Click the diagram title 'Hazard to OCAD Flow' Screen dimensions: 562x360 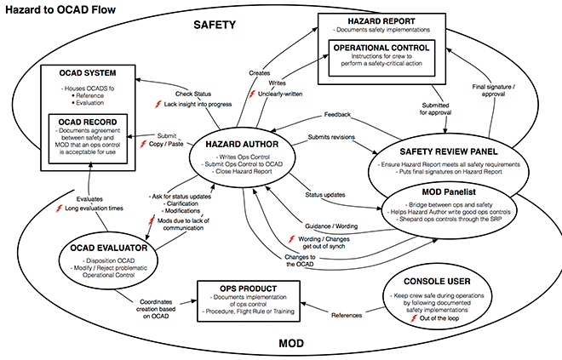(60, 9)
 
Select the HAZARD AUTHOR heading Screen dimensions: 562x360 (242, 145)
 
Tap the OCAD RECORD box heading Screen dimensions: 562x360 (88, 123)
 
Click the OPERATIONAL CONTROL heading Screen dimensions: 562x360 (381, 48)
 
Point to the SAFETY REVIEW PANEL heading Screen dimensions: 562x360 (449, 151)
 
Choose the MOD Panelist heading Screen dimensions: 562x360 (449, 192)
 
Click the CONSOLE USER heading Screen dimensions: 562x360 (437, 282)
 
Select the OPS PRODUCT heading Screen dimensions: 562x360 (249, 289)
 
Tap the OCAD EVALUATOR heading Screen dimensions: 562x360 (109, 249)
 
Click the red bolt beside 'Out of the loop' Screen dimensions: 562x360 (414, 318)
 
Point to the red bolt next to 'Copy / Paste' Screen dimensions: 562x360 (143, 144)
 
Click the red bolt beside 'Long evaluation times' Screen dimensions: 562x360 (59, 209)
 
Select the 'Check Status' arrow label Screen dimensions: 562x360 (193, 94)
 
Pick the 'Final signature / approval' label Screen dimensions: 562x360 (494, 90)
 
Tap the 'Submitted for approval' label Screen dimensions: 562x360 (435, 109)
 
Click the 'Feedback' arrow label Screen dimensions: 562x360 (337, 115)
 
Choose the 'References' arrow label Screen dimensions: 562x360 (347, 315)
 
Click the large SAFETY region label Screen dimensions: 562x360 (215, 25)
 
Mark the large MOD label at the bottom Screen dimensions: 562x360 (291, 344)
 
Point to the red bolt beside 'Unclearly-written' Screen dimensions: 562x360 (253, 94)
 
